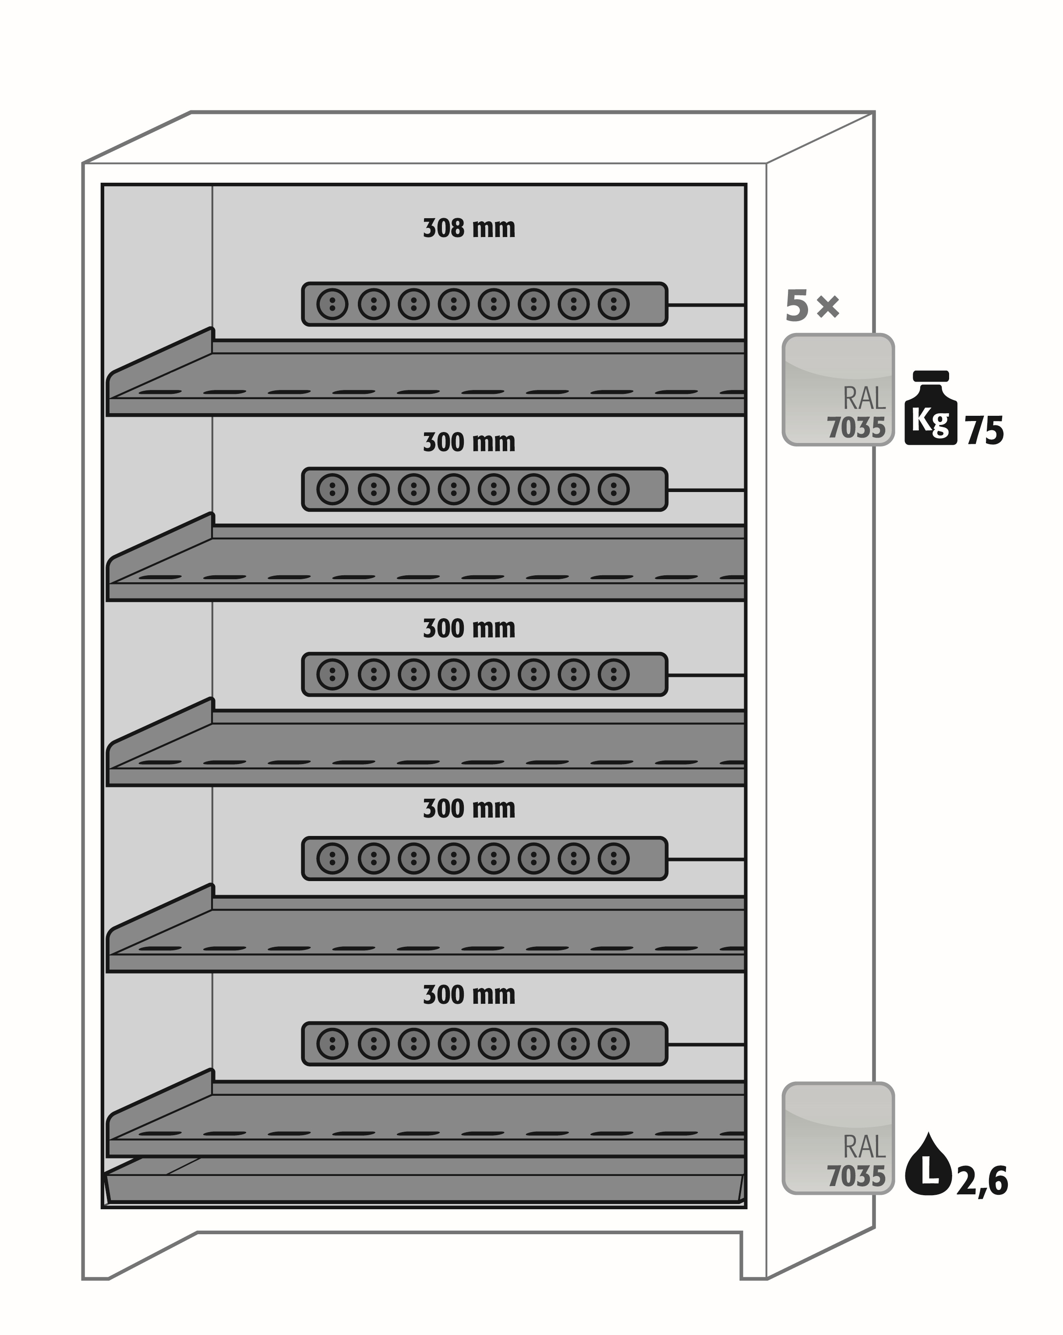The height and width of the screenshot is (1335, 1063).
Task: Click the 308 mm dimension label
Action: tap(469, 228)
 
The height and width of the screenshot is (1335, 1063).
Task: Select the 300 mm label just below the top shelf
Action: tap(469, 443)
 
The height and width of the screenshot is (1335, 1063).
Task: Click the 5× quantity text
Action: tap(812, 306)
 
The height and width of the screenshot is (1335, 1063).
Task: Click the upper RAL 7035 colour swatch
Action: tap(837, 390)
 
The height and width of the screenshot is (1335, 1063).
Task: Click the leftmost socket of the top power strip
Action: tap(332, 304)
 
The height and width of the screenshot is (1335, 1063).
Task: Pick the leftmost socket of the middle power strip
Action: tap(332, 674)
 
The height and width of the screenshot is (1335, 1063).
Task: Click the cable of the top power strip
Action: tap(706, 305)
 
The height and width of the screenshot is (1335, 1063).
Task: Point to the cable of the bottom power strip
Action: tap(706, 1045)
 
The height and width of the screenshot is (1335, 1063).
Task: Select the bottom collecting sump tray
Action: tap(424, 1188)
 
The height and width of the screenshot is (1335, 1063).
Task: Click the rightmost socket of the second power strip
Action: tap(614, 489)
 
